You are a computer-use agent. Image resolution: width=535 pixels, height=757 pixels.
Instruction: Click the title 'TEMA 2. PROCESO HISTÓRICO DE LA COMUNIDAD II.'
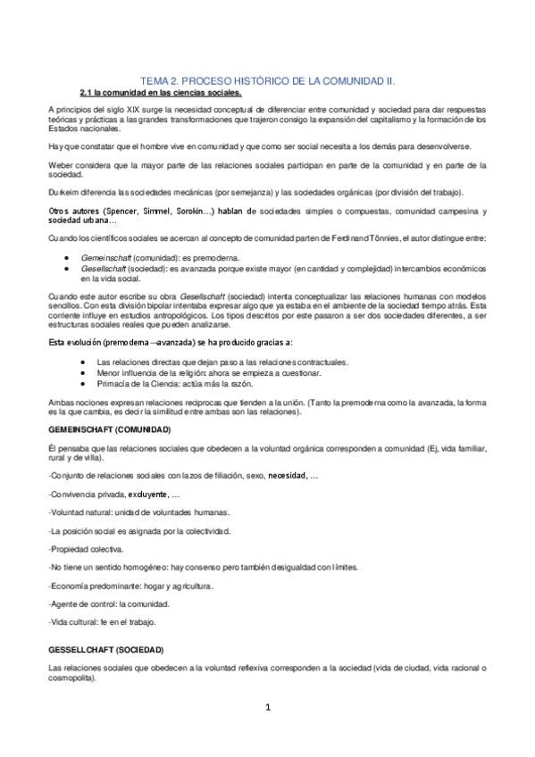(x=268, y=79)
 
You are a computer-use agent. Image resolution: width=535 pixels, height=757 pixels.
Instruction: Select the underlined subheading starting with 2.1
(x=161, y=92)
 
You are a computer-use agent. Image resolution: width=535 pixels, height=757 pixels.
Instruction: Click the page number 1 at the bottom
(x=267, y=709)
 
